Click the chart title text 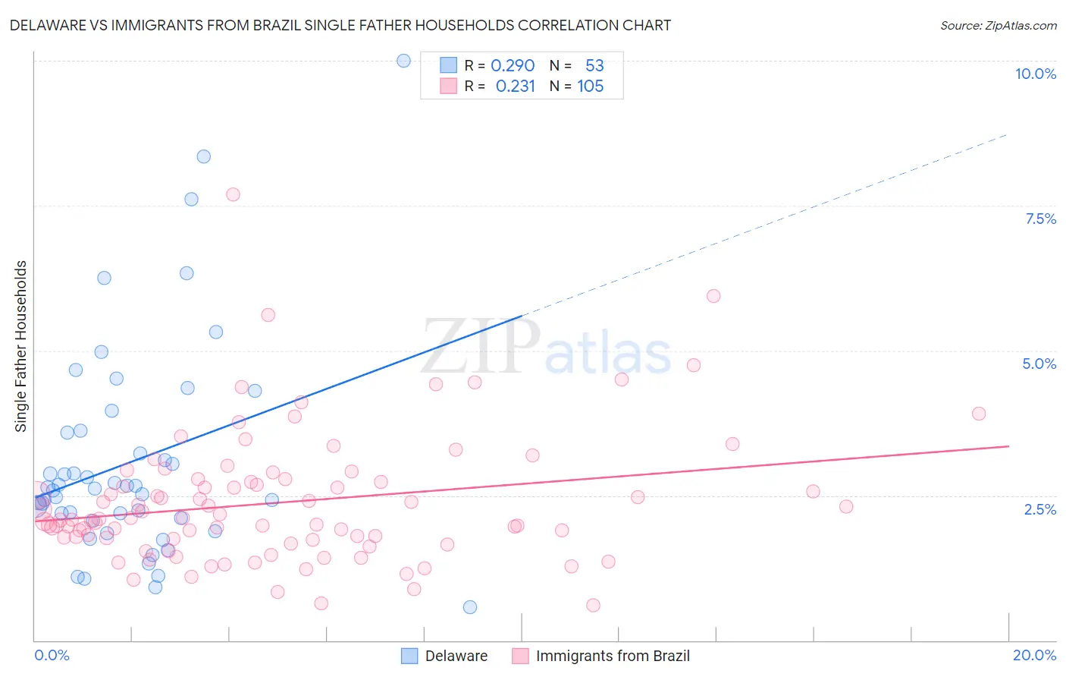(340, 25)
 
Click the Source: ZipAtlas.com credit (998, 25)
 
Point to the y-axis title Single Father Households (21, 346)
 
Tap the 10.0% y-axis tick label (1035, 74)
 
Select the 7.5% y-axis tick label (1040, 219)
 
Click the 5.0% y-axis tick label (1039, 364)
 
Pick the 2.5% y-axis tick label (1039, 509)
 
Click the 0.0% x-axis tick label (52, 655)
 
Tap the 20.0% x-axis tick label (1034, 655)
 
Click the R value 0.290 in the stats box (513, 65)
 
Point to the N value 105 (590, 86)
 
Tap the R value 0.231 (516, 86)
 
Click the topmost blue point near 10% (404, 61)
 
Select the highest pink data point (233, 194)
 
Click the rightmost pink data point (979, 414)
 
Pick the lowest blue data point (470, 606)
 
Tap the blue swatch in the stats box (449, 65)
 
